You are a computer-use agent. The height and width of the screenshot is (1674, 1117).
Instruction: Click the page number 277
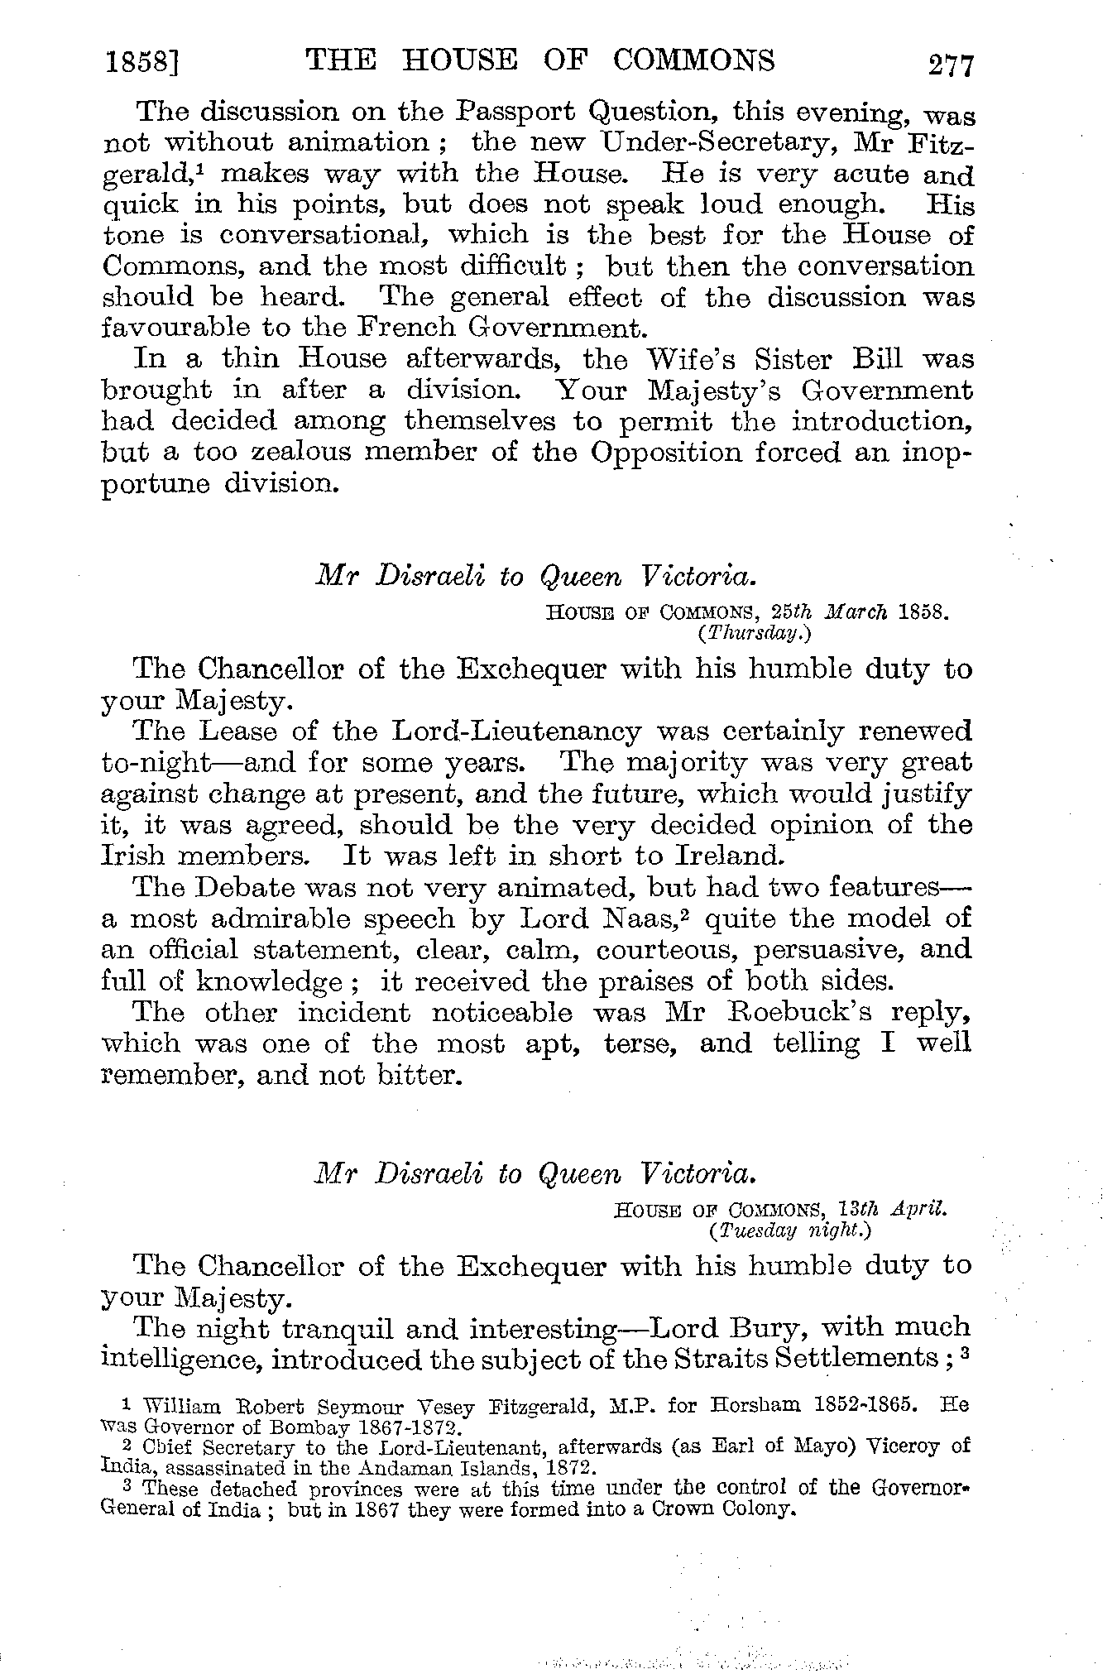[x=952, y=65]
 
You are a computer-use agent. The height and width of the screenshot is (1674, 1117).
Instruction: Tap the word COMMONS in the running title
[x=694, y=60]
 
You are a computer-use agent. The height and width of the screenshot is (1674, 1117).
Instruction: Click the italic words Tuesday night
[x=789, y=1230]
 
